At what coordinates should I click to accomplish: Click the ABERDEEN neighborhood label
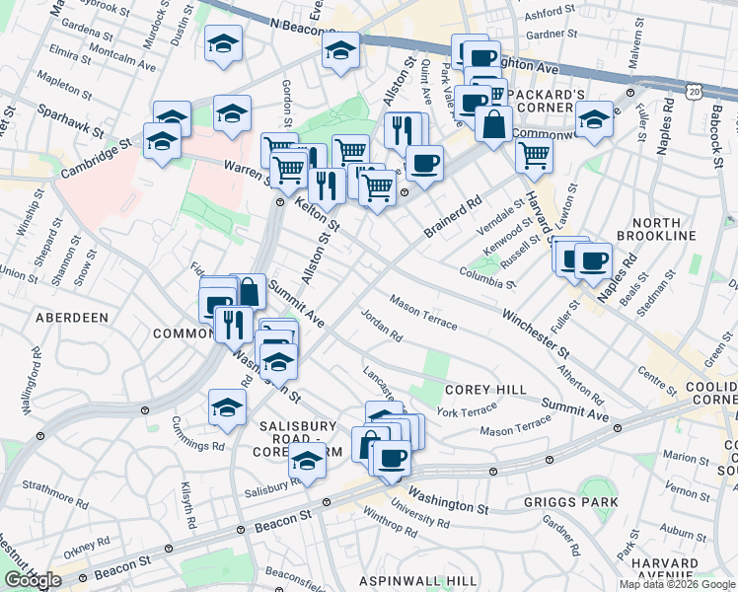click(x=71, y=318)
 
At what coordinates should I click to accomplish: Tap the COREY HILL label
click(x=485, y=390)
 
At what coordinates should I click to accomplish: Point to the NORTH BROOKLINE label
click(x=656, y=229)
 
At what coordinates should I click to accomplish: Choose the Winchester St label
click(x=536, y=334)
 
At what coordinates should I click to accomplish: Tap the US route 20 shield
click(x=696, y=91)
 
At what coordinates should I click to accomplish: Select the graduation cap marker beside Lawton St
click(x=594, y=122)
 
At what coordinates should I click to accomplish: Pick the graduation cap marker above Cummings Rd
click(x=227, y=407)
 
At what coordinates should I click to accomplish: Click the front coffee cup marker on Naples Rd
click(x=592, y=261)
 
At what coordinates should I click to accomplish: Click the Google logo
click(x=33, y=580)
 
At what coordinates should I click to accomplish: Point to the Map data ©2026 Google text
click(x=677, y=584)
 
